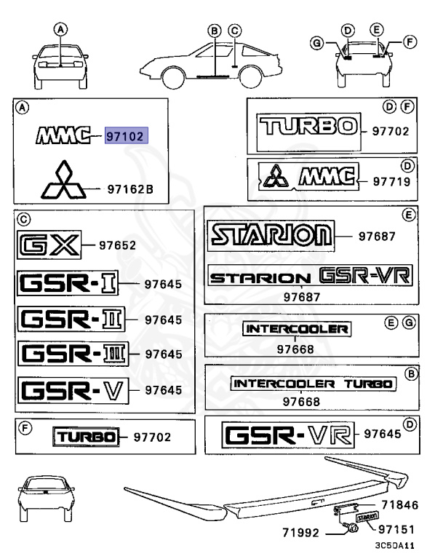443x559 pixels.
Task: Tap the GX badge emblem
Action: (x=48, y=246)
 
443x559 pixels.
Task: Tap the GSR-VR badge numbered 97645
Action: (x=289, y=436)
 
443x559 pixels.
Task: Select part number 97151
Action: (x=397, y=533)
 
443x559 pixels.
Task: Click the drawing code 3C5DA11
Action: (x=394, y=545)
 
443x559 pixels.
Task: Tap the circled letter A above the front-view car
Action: (x=61, y=30)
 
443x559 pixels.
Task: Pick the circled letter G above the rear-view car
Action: (x=316, y=44)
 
